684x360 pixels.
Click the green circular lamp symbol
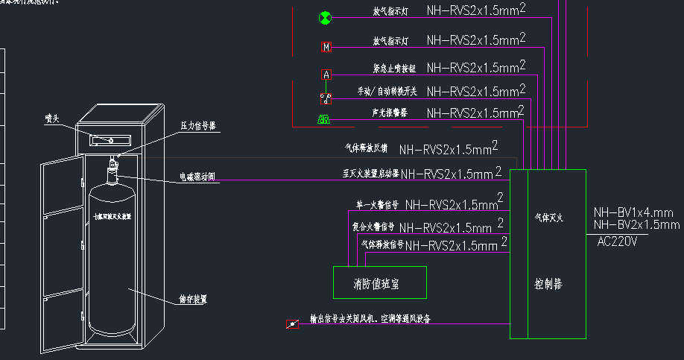324,18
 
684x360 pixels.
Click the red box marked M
326,47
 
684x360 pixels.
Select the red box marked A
326,75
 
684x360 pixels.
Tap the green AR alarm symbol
324,119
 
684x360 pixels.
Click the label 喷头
52,118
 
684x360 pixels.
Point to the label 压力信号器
198,126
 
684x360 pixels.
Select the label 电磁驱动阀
197,177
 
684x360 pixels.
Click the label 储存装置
193,298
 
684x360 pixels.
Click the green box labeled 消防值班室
379,283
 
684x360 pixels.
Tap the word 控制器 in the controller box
548,284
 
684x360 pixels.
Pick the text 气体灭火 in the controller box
548,218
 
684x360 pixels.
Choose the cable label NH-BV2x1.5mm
636,224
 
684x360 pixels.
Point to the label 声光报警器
390,113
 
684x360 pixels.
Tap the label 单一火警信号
377,204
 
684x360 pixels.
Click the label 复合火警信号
373,227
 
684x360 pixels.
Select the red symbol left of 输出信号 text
292,323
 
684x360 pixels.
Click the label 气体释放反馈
366,148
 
